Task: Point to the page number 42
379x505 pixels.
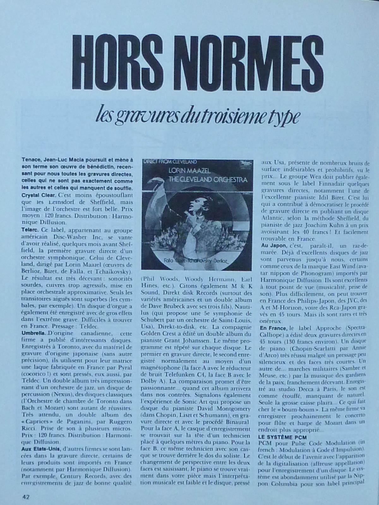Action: pyautogui.click(x=26, y=496)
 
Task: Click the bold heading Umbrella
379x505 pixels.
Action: pyautogui.click(x=34, y=333)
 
